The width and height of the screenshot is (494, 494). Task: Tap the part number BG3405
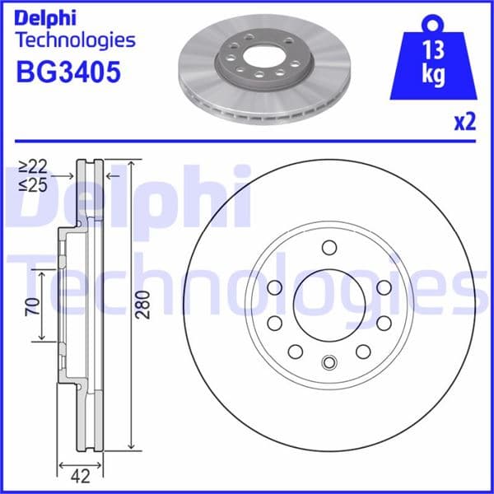(x=68, y=72)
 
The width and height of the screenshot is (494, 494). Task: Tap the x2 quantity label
(x=465, y=123)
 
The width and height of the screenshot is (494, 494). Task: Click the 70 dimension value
(x=32, y=306)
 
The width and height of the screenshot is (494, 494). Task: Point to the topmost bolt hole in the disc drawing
(x=329, y=248)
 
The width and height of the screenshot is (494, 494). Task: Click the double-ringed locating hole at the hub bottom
(x=329, y=361)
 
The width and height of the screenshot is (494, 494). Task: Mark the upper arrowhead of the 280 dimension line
(x=131, y=165)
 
